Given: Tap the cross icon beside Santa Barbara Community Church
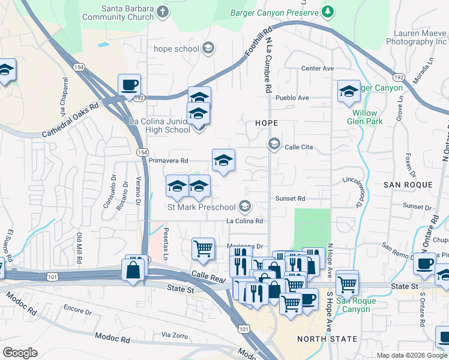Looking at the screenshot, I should click(x=163, y=12).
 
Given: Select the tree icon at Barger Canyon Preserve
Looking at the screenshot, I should click(x=327, y=11).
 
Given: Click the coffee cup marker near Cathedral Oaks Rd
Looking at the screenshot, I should click(x=128, y=85).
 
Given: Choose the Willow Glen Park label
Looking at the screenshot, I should click(x=362, y=117).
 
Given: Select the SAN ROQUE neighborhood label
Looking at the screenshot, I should click(x=405, y=185).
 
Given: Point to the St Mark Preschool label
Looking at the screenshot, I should click(x=201, y=208).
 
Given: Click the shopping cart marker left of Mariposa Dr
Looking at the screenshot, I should click(x=203, y=247).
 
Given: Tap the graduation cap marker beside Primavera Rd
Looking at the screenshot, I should click(x=223, y=160).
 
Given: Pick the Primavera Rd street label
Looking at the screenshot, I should click(x=168, y=161).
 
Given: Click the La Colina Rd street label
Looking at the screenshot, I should click(x=245, y=221).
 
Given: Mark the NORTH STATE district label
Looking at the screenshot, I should click(x=327, y=339).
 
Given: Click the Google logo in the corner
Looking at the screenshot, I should click(x=20, y=353).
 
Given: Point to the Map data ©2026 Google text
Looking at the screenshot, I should click(x=412, y=355).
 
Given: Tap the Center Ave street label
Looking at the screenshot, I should click(x=317, y=68).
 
